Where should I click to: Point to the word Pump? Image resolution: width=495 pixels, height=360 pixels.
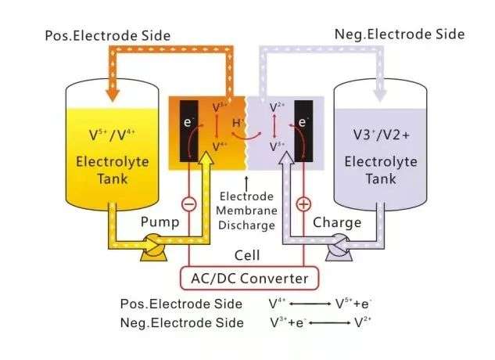pos(160,223)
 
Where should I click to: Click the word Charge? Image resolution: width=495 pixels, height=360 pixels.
pos(337,223)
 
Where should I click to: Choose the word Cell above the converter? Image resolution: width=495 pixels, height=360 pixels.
pos(247,256)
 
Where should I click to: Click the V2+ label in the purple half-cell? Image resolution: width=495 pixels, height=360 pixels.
pos(276,106)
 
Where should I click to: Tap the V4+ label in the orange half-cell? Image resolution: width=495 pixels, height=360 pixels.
pos(220,146)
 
